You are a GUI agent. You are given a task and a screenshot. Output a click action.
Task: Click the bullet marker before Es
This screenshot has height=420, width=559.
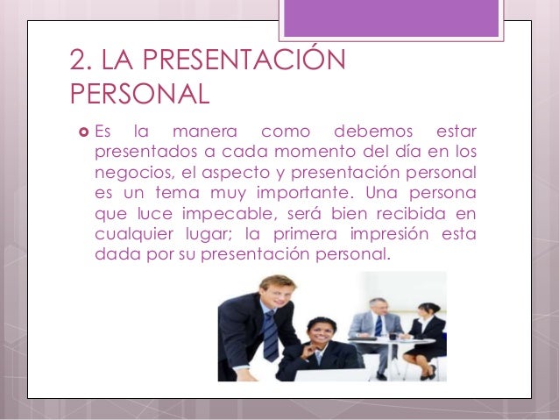[81, 133]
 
